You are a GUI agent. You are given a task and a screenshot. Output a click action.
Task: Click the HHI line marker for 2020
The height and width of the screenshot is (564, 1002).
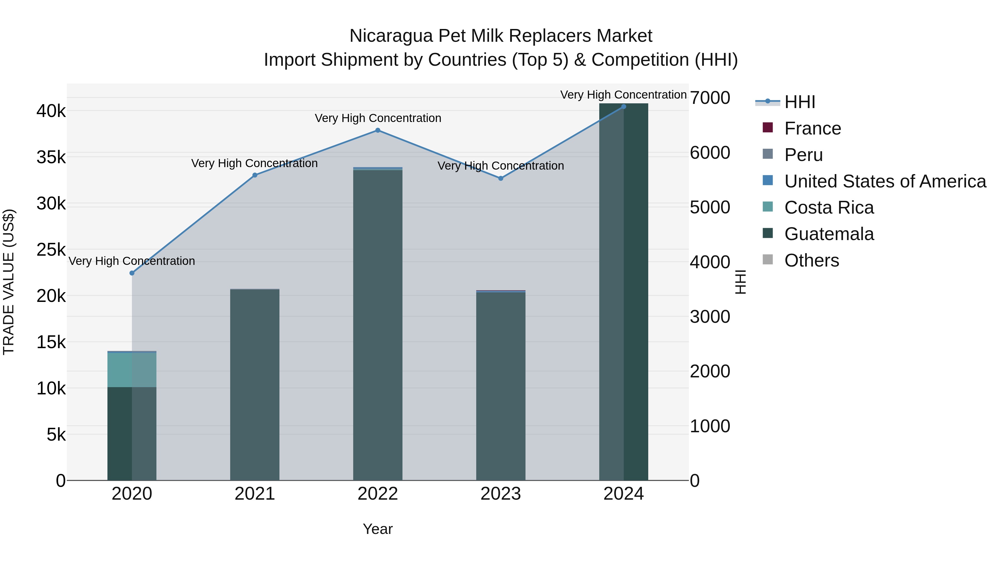[x=132, y=273]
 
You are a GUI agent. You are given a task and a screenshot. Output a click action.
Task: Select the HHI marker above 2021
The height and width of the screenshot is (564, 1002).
[x=255, y=175]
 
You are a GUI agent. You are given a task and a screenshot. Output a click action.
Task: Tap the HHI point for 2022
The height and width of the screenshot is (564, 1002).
[x=378, y=130]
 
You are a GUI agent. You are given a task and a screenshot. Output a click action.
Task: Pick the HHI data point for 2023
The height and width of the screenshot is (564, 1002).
[x=501, y=178]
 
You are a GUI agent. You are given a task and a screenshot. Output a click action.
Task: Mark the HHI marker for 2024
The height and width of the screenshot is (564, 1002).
[x=623, y=106]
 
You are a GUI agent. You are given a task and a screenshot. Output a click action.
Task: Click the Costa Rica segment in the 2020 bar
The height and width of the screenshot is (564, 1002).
[x=132, y=370]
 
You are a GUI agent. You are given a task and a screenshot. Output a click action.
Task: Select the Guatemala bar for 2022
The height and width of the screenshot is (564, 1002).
[x=378, y=325]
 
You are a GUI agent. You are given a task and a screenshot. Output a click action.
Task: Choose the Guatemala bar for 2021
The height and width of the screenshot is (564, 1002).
[x=255, y=385]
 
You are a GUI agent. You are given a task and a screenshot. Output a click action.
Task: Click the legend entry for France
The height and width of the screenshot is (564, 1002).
[x=812, y=128]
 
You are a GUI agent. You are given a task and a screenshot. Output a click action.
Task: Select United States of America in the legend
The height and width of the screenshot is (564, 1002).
[x=885, y=181]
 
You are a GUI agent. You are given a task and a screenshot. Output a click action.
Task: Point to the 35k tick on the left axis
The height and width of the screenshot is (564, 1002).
[x=51, y=158]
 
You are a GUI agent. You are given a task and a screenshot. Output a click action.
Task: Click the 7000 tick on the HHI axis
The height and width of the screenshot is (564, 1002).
[x=710, y=98]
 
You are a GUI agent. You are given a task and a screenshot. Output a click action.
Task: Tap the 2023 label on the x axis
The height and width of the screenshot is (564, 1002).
[x=501, y=494]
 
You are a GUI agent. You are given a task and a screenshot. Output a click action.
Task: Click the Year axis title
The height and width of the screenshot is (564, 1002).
[x=378, y=529]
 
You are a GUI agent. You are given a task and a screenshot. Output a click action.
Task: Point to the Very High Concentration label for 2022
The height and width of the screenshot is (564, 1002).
[x=378, y=118]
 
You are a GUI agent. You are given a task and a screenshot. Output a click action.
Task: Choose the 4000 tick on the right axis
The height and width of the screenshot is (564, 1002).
[x=710, y=262]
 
